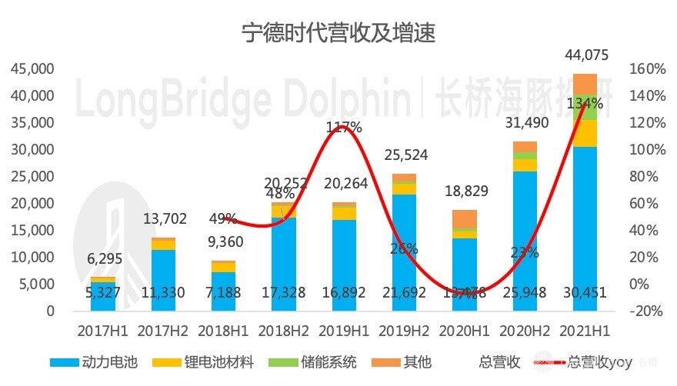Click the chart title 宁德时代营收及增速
point(338,33)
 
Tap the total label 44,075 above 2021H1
point(585,55)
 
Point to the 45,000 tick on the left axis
point(32,69)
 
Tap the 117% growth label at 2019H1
point(343,128)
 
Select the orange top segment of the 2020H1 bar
point(464,218)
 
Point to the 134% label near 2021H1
point(585,103)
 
